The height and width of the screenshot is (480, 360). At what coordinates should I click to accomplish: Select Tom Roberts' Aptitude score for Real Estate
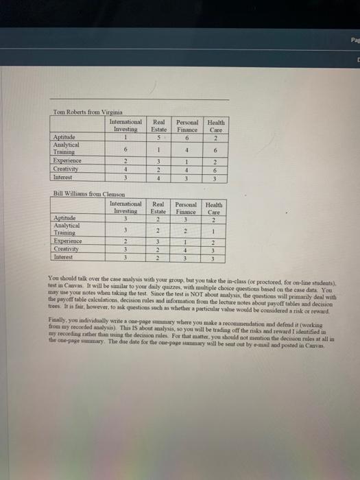[x=158, y=136]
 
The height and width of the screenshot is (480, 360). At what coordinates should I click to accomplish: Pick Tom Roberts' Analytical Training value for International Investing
[x=125, y=150]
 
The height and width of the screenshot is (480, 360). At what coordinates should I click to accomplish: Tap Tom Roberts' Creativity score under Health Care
[x=215, y=171]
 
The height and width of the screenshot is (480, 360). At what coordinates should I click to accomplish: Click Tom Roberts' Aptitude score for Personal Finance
[x=186, y=136]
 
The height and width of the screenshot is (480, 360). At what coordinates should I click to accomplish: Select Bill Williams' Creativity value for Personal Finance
[x=186, y=252]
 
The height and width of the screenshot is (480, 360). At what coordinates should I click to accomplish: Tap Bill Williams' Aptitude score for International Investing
[x=125, y=218]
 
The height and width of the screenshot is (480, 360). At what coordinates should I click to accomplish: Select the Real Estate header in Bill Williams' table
[x=158, y=206]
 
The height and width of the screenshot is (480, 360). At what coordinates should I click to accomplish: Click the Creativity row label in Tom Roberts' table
[x=67, y=171]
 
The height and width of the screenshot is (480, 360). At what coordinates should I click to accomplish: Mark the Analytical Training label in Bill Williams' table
[x=68, y=228]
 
